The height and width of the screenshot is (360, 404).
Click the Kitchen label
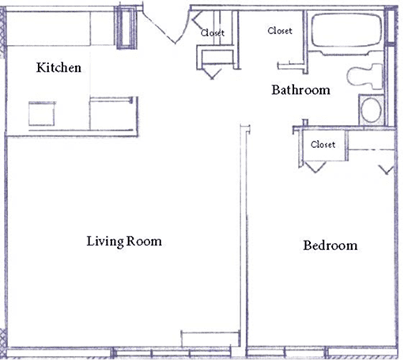coord(59,67)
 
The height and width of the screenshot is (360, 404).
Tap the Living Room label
coord(124,241)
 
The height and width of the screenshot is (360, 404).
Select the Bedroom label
coord(330,245)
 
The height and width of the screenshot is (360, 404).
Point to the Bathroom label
coord(300,90)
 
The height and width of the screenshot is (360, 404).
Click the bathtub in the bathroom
coord(346,30)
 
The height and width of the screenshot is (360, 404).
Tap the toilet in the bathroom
coord(365,76)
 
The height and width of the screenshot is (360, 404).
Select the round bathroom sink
coord(371,110)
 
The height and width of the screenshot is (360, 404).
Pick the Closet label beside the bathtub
coord(280,31)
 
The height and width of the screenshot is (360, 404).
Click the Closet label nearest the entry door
coord(213,32)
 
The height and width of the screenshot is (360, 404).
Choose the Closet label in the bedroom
coord(323,145)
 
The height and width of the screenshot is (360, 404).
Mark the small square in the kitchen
coord(42,114)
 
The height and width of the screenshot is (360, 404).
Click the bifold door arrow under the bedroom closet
coord(315,167)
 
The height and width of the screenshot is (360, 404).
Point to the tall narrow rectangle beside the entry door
coord(126,28)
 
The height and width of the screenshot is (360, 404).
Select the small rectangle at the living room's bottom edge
coord(210,339)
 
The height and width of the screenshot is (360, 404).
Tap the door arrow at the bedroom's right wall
coord(387,170)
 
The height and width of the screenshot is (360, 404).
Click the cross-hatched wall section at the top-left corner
coord(3,32)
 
